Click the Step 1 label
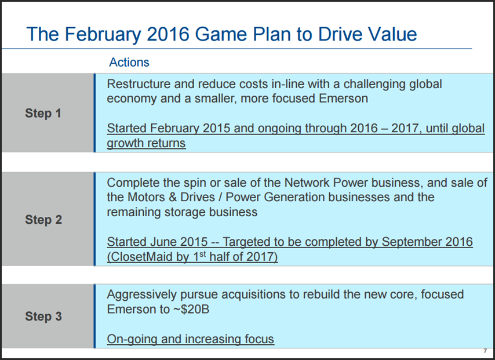[43, 114]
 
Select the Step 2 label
[43, 220]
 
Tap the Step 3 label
[43, 317]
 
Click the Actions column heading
[129, 62]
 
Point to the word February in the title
[103, 34]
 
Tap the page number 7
[485, 351]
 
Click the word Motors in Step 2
[146, 197]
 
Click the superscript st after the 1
[203, 254]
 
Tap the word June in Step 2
[163, 242]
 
